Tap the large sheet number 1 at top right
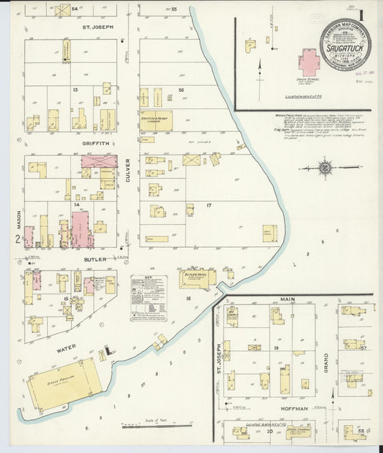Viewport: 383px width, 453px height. [x=361, y=14]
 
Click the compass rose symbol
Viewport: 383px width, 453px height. [x=325, y=169]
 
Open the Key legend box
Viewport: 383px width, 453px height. [x=149, y=296]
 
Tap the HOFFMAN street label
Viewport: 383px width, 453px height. [x=295, y=408]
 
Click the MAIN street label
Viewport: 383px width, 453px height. [x=287, y=299]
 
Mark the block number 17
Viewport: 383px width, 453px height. [x=209, y=206]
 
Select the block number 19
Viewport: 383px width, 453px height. [x=276, y=347]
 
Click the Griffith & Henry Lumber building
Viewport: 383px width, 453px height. [x=156, y=121]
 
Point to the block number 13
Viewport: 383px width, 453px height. [x=75, y=90]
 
